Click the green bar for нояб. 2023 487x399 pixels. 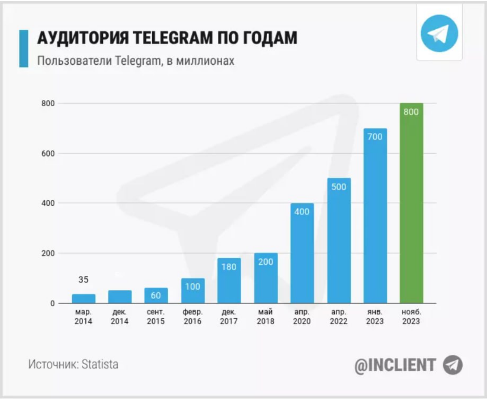click(x=411, y=203)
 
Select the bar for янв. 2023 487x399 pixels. click(x=375, y=216)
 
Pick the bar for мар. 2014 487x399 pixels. click(x=84, y=299)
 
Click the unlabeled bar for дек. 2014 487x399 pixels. click(x=120, y=297)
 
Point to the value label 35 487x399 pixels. click(x=83, y=280)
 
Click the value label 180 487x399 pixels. click(x=229, y=267)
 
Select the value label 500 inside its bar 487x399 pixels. click(x=339, y=188)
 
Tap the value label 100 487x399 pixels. click(x=193, y=287)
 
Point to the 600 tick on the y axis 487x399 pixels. click(x=48, y=154)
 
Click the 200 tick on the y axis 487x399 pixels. click(x=48, y=253)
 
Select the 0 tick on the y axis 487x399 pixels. click(x=52, y=303)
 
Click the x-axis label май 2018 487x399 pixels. click(x=265, y=317)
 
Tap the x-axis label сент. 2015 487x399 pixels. click(x=156, y=317)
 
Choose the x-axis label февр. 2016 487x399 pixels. click(x=193, y=317)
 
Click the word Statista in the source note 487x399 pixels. click(x=100, y=364)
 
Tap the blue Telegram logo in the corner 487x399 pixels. click(x=439, y=34)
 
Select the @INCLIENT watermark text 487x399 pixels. click(x=395, y=365)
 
